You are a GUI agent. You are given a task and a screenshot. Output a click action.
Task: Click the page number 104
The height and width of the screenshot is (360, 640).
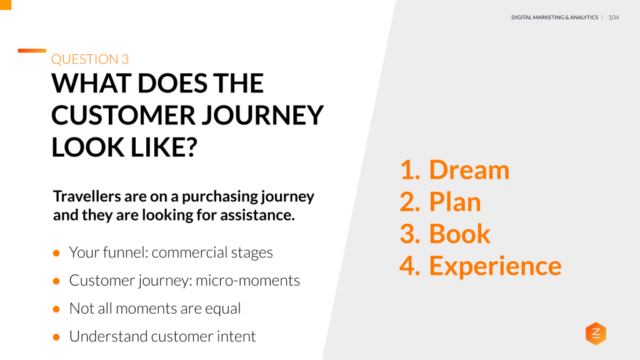tap(613, 17)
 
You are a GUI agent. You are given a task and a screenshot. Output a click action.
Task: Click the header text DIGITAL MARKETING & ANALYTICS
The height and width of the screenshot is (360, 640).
tap(554, 17)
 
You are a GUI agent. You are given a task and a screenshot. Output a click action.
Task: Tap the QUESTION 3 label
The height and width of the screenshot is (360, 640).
tap(90, 59)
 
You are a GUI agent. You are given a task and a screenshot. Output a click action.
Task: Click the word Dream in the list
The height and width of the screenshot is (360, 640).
tap(469, 170)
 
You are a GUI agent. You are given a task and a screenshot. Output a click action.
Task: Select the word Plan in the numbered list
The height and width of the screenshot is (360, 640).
tap(454, 202)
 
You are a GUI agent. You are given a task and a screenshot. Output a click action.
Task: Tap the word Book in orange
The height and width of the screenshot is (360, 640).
tap(459, 234)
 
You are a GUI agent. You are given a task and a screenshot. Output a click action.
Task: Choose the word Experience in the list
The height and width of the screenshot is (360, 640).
tap(495, 266)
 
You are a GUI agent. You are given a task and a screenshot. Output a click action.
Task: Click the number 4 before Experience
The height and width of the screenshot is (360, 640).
tap(408, 266)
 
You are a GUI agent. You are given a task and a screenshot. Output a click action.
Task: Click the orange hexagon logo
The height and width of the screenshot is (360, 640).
tap(596, 334)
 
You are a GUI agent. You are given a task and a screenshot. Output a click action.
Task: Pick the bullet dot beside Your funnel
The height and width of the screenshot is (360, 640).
tap(56, 253)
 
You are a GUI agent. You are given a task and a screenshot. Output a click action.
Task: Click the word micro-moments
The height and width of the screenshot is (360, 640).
tap(247, 281)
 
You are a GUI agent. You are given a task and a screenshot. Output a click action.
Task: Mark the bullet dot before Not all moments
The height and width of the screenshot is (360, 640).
tap(56, 309)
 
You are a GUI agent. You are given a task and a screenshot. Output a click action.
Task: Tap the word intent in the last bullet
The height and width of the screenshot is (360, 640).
tap(237, 336)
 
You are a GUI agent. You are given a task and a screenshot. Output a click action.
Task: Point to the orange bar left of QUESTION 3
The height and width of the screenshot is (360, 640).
tap(32, 51)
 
